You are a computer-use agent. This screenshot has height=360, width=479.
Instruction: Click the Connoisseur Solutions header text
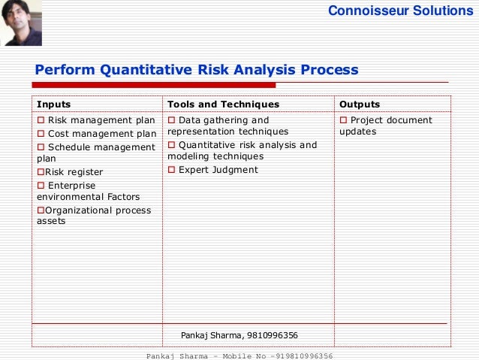pyautogui.click(x=401, y=11)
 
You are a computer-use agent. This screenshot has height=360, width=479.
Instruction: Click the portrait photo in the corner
pyautogui.click(x=21, y=23)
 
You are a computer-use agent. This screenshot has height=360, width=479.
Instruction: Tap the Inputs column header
pyautogui.click(x=54, y=104)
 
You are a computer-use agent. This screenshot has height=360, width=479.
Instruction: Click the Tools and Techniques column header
pyautogui.click(x=223, y=104)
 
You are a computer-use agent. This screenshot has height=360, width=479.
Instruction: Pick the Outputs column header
pyautogui.click(x=360, y=104)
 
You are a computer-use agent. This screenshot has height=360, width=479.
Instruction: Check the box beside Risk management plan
pyautogui.click(x=41, y=120)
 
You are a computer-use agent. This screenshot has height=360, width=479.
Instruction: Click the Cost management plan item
pyautogui.click(x=102, y=134)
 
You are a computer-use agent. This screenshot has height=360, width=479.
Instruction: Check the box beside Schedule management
pyautogui.click(x=41, y=147)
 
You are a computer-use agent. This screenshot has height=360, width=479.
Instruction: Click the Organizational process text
pyautogui.click(x=98, y=210)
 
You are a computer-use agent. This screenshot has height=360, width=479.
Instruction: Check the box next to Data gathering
pyautogui.click(x=171, y=120)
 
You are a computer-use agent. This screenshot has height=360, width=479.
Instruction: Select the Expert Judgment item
pyautogui.click(x=217, y=170)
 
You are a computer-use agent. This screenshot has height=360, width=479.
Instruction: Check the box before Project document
pyautogui.click(x=343, y=120)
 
